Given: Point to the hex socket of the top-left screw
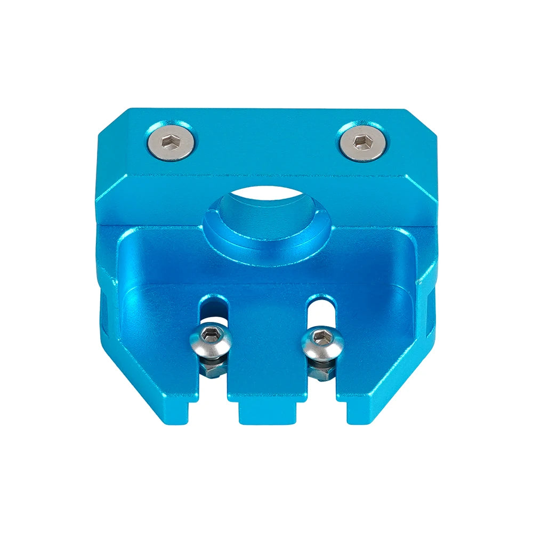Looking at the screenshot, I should click(170, 141).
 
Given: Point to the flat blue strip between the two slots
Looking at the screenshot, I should click(266, 346).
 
